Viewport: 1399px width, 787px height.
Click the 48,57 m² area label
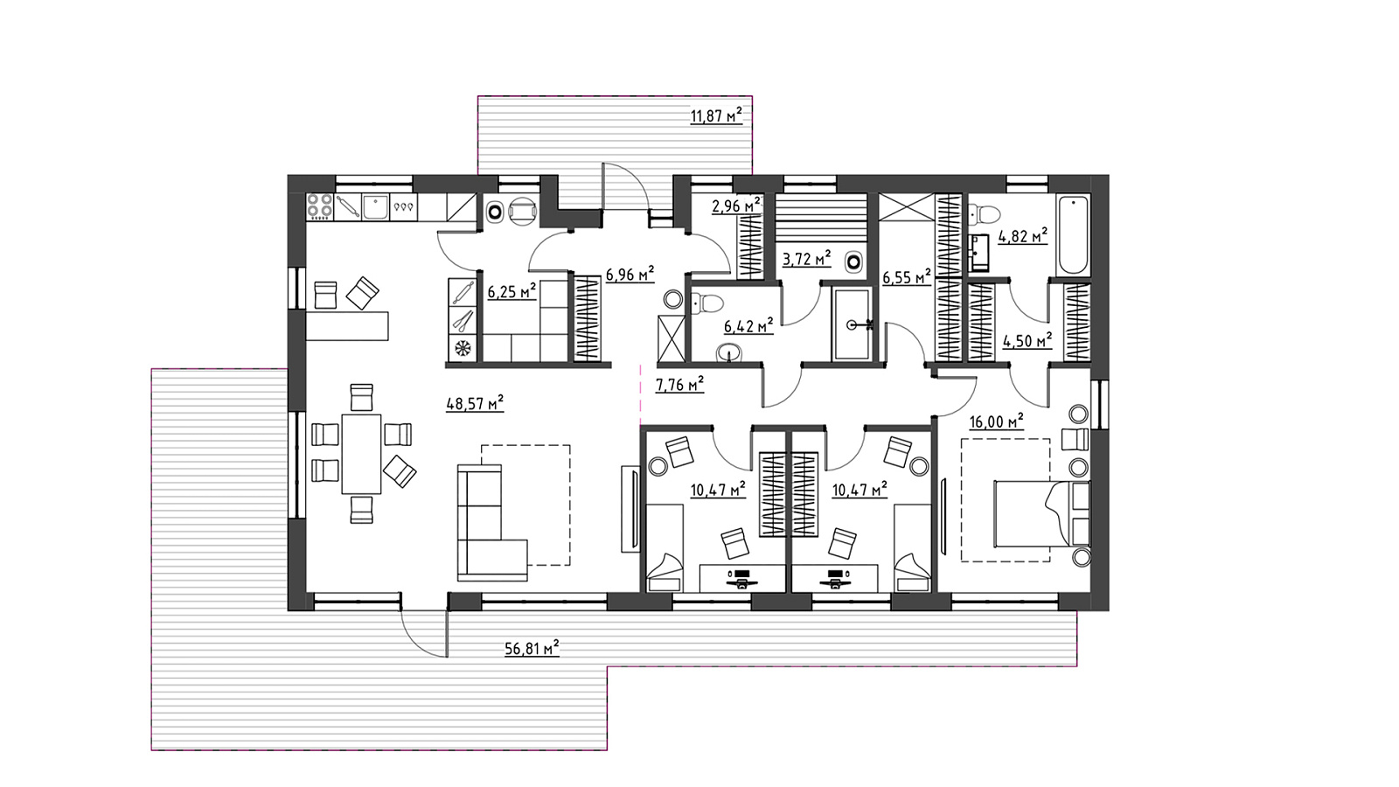[475, 403]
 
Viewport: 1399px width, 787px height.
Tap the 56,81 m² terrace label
[532, 648]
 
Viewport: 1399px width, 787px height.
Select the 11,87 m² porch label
[716, 115]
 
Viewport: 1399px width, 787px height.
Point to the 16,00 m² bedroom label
[996, 421]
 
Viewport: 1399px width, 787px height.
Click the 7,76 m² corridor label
[679, 384]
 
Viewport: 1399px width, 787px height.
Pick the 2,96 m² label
[736, 205]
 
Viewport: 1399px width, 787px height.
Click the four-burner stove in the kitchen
[320, 206]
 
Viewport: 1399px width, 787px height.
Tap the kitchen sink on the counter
[376, 206]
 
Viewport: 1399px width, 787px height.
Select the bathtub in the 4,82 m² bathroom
[1073, 235]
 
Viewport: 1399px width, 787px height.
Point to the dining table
[361, 454]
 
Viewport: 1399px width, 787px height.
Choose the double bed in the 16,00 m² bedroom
[1041, 513]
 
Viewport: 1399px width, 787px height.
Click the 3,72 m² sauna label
[806, 258]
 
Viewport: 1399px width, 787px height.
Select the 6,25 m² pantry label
[512, 291]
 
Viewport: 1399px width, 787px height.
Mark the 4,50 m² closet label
[1027, 341]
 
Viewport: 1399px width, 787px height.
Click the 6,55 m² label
[907, 276]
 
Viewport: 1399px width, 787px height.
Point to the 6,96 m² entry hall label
[630, 274]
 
